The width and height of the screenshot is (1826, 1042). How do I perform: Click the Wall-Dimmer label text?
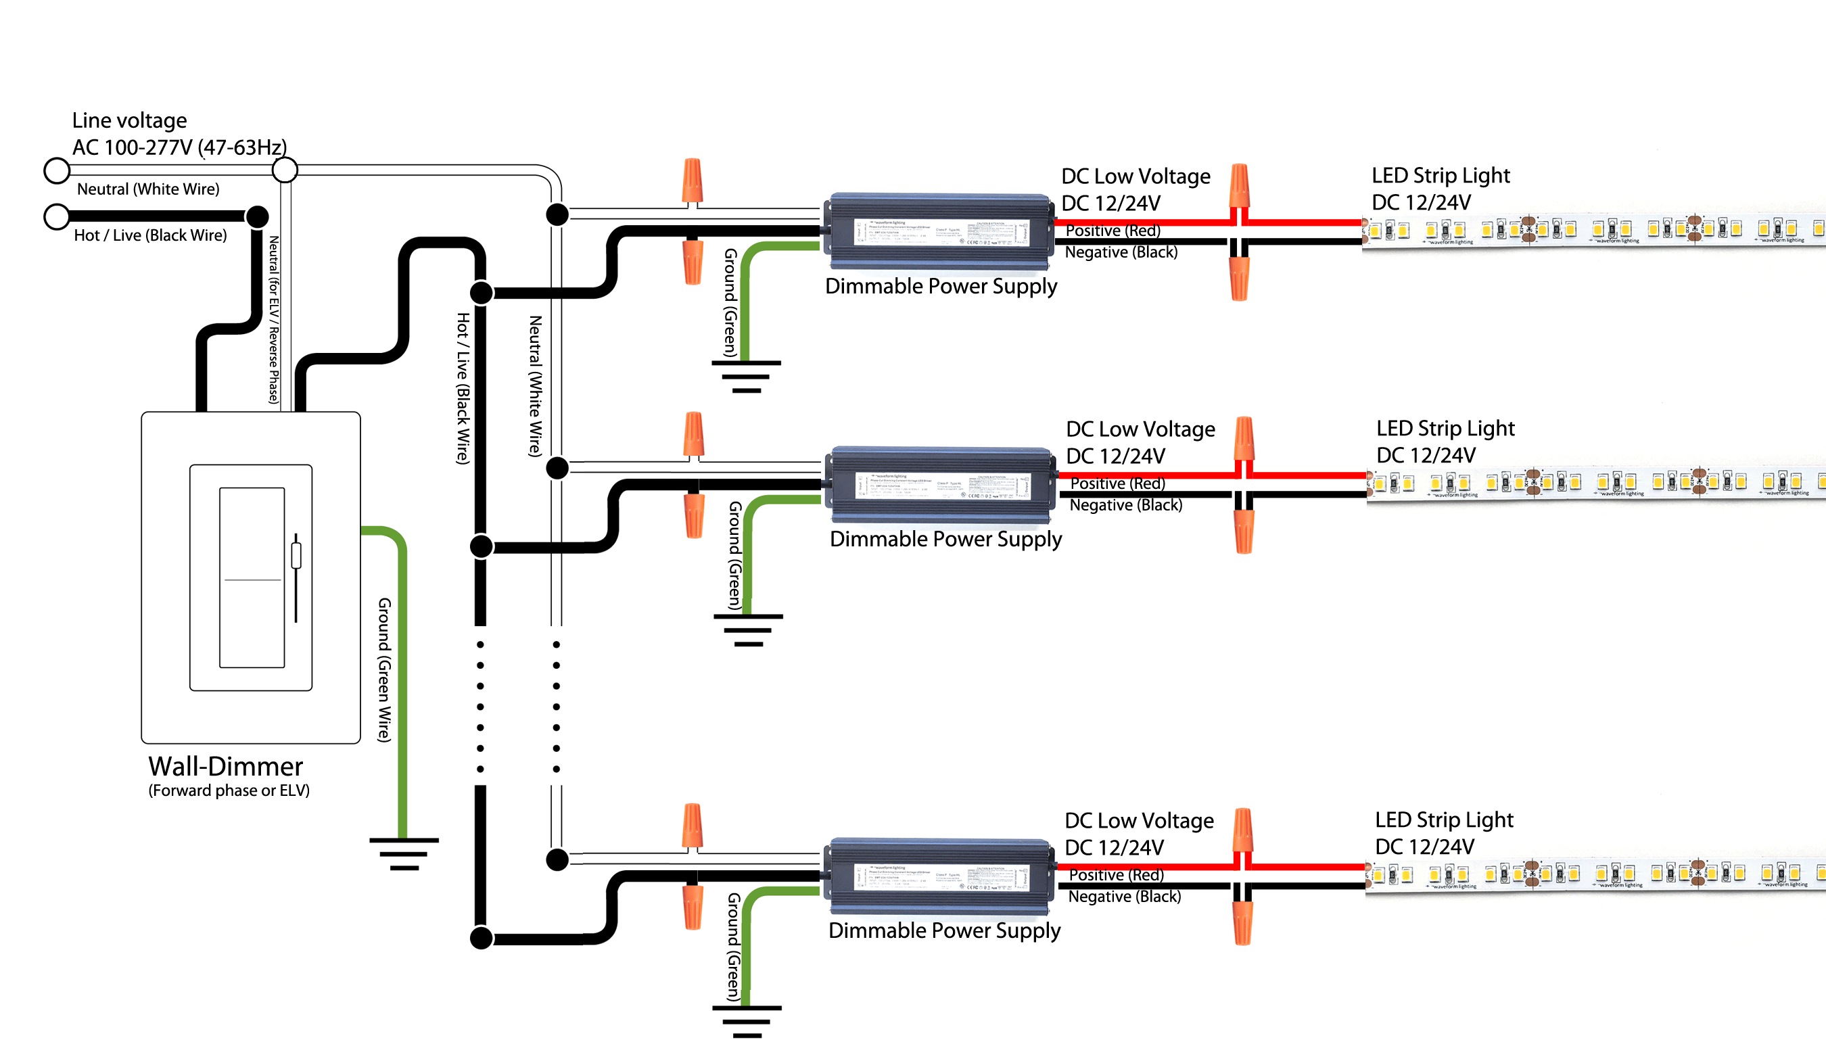point(225,767)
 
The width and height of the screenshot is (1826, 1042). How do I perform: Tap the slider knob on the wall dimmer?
point(296,556)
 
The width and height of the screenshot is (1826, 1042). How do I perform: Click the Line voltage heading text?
point(129,120)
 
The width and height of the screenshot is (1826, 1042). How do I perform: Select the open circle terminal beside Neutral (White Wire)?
point(57,170)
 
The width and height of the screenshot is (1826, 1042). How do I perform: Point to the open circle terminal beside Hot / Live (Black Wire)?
point(57,216)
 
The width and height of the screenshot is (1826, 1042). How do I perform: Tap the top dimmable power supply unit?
point(939,233)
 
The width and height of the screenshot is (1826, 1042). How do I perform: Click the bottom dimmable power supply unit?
point(939,877)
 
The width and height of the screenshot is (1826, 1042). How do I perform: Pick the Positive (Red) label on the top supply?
point(1113,231)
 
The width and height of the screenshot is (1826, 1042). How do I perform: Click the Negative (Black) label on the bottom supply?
point(1124,897)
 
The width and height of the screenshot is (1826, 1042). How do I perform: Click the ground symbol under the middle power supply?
point(748,630)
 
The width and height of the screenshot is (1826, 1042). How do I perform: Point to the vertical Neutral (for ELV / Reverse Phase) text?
point(273,320)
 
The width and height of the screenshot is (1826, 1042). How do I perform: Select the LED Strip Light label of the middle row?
point(1445,428)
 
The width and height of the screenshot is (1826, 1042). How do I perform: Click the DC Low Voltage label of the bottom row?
point(1138,820)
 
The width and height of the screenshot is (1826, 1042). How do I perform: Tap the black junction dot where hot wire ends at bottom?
point(481,937)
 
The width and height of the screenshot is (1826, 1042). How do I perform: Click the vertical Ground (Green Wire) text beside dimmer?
point(384,669)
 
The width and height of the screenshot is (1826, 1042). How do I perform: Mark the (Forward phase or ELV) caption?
point(229,791)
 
